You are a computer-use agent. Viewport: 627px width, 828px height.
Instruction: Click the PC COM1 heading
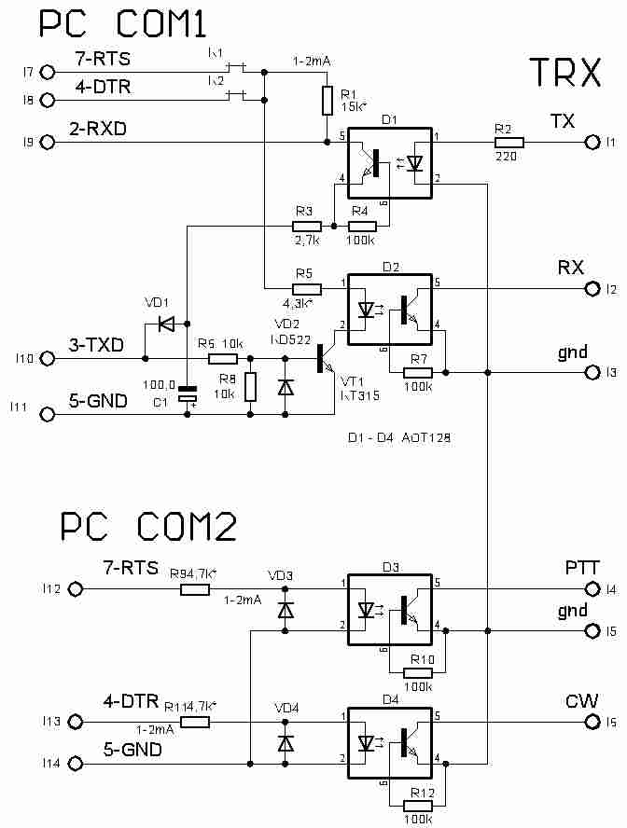(x=120, y=24)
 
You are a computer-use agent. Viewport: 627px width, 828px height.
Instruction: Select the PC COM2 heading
(x=148, y=528)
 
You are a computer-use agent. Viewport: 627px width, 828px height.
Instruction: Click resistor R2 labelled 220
(x=509, y=143)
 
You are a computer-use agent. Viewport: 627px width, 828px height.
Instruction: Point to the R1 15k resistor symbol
(x=327, y=100)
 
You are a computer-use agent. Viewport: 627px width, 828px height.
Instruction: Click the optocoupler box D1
(x=389, y=163)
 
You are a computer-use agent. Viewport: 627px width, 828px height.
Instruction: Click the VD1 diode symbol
(x=167, y=325)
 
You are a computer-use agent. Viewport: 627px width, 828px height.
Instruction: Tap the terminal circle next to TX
(x=590, y=143)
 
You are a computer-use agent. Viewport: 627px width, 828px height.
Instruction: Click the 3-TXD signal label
(x=96, y=346)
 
